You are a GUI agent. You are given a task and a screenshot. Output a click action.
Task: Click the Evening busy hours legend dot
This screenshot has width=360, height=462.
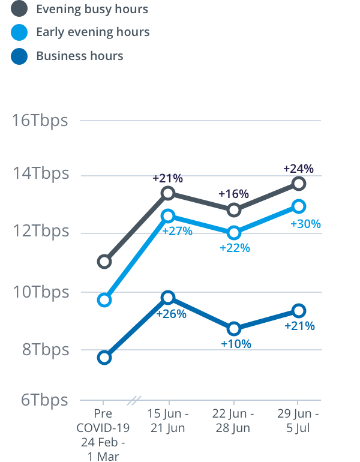click(x=19, y=9)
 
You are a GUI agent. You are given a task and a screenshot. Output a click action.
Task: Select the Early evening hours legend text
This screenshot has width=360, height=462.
click(x=92, y=32)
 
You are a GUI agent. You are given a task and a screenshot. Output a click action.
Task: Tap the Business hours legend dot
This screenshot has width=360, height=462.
click(x=19, y=56)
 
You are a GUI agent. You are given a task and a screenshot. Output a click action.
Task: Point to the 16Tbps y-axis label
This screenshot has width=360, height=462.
click(x=40, y=120)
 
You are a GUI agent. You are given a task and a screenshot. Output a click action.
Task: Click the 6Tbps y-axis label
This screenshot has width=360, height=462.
click(x=44, y=400)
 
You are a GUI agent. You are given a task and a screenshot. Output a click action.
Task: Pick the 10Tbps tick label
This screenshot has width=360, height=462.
click(x=40, y=292)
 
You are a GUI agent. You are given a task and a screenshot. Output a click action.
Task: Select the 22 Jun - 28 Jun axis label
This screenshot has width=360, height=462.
click(x=233, y=421)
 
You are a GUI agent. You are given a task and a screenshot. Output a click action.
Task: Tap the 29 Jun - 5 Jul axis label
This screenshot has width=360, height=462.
click(x=298, y=421)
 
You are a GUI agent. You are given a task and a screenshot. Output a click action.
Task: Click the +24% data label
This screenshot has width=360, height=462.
click(x=299, y=169)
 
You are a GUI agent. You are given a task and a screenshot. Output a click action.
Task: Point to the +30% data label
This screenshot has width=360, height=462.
click(x=305, y=224)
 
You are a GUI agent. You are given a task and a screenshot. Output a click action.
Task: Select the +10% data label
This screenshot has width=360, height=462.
click(x=236, y=344)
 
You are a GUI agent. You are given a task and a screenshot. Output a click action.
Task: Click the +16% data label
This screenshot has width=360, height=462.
click(x=233, y=194)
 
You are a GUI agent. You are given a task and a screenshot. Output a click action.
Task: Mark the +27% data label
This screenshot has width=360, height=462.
click(x=177, y=231)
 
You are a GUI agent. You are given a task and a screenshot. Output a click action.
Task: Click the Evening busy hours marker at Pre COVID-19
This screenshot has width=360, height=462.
click(x=104, y=261)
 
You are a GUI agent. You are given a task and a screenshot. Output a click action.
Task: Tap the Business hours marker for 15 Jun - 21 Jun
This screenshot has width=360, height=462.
click(x=168, y=298)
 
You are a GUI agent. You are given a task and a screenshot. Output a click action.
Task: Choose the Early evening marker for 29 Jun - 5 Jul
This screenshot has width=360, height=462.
click(x=299, y=206)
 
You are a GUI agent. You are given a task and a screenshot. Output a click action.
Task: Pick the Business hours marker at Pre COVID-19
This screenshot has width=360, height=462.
click(x=104, y=358)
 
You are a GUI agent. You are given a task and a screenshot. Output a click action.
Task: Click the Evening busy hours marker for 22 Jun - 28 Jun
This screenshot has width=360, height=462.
click(x=233, y=210)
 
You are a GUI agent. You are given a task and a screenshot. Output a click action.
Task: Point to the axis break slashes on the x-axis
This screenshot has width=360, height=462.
click(x=136, y=400)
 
